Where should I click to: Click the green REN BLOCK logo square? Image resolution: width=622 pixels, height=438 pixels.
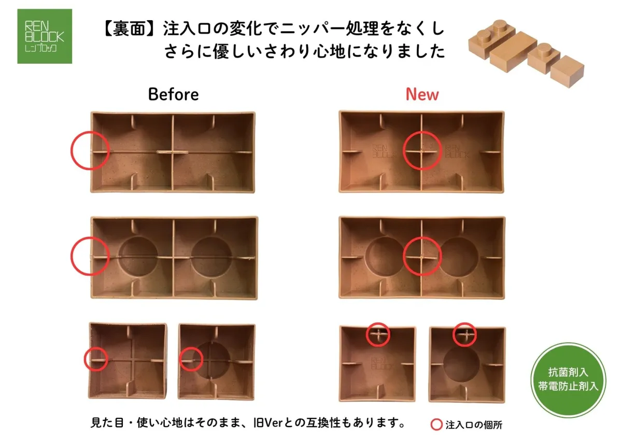[x=45, y=36]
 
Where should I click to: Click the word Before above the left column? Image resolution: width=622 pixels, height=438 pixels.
[x=173, y=94]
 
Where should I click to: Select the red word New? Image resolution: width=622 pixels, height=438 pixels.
[x=422, y=94]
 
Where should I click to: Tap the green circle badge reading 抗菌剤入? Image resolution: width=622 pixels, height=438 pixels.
[x=568, y=380]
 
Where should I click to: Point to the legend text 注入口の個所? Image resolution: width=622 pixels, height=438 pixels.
[x=474, y=425]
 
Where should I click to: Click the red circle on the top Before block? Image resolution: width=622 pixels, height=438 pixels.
[x=70, y=150]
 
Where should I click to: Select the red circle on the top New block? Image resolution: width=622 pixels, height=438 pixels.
[x=403, y=150]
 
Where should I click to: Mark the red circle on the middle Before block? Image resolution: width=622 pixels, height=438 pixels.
[x=70, y=256]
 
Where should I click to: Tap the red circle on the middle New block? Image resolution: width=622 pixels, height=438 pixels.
[x=403, y=256]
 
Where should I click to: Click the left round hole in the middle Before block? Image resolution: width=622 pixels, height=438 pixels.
[x=138, y=257]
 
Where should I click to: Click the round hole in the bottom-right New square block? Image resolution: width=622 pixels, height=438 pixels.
[x=461, y=363]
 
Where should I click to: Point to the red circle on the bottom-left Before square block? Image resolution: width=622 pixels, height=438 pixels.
[x=84, y=359]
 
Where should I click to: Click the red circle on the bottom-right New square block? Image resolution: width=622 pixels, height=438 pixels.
[x=453, y=334]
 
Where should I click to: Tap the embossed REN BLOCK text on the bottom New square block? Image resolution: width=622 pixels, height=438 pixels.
[x=383, y=363]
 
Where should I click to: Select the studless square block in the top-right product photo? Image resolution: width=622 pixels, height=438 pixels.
[x=567, y=71]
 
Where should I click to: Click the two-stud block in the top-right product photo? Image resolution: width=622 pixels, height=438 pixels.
[x=492, y=37]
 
